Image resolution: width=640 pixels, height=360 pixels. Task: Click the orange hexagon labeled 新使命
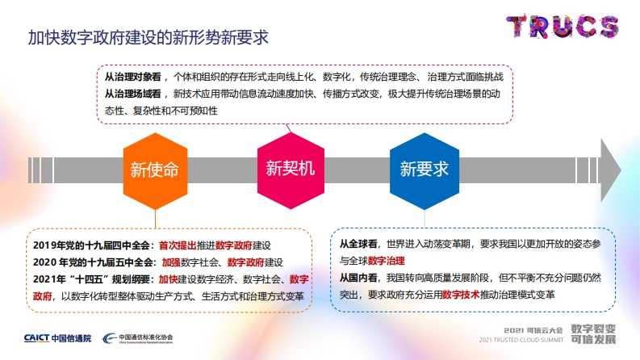(155, 170)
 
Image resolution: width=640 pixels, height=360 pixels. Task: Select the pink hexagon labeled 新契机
(291, 170)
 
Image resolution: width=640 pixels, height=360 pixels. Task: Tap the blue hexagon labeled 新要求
(425, 170)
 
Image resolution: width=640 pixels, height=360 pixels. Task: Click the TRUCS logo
(563, 27)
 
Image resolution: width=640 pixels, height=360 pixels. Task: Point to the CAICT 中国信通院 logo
(57, 338)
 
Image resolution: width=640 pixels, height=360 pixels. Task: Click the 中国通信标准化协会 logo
(137, 338)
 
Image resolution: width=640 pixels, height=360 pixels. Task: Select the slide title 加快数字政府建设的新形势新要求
(148, 38)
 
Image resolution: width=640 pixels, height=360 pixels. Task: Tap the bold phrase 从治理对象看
(133, 77)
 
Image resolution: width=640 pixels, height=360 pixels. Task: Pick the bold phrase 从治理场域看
(133, 94)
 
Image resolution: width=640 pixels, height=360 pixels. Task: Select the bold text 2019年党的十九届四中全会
(91, 245)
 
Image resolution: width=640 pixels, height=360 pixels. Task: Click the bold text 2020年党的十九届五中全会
(93, 262)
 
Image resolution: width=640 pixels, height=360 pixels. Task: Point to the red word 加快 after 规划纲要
(168, 279)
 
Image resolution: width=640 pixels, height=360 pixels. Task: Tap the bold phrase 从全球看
(358, 244)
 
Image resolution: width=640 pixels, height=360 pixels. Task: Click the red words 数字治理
(386, 261)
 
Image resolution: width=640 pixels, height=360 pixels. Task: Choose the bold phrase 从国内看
(358, 278)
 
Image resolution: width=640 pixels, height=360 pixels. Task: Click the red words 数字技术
(461, 295)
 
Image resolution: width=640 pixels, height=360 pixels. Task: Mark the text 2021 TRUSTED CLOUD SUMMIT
(521, 340)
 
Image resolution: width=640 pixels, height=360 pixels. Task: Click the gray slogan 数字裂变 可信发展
(593, 334)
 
